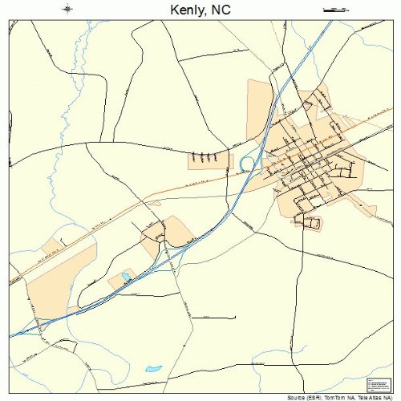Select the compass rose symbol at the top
point(67,10)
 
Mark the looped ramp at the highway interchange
point(247,164)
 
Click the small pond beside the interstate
point(127,278)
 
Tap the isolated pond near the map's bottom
point(152,369)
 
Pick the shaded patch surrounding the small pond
point(120,281)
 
